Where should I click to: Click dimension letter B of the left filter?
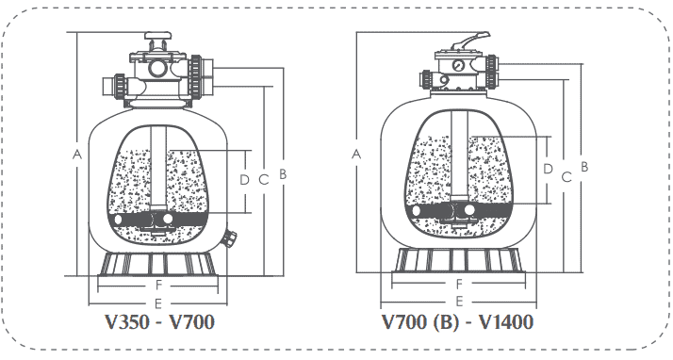tap(282, 173)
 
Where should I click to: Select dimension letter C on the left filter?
tap(265, 177)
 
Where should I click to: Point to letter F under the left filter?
tap(158, 284)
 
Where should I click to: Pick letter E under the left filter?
tap(158, 303)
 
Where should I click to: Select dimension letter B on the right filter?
tap(584, 166)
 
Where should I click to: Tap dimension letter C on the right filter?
tap(566, 176)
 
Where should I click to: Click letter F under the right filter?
tap(459, 283)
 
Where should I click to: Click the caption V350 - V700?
tap(159, 323)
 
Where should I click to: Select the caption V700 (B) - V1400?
tap(458, 323)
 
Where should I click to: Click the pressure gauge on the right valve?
tap(457, 67)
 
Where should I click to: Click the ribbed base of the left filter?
tap(158, 263)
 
